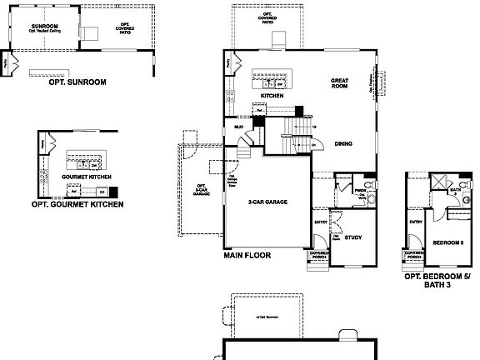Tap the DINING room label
point(343,143)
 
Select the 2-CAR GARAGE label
point(267,202)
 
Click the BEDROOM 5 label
point(448,242)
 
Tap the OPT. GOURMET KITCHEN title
point(77,204)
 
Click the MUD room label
point(238,127)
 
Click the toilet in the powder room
point(368,184)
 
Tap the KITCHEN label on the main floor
point(272,96)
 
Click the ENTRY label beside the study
point(321,222)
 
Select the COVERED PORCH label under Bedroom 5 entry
point(412,256)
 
